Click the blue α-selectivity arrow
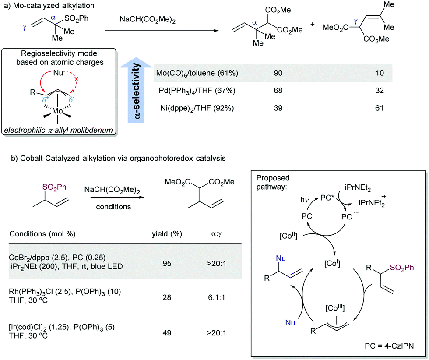click(136, 87)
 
